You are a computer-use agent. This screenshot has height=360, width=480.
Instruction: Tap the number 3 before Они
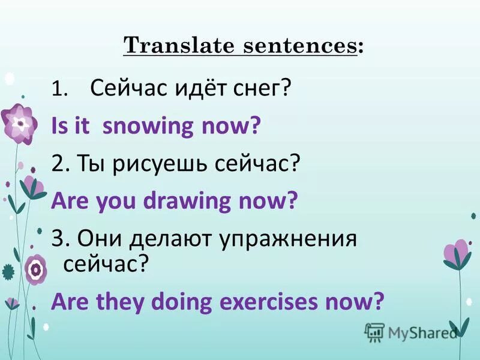point(57,238)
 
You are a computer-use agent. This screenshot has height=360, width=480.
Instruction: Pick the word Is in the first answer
point(59,127)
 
